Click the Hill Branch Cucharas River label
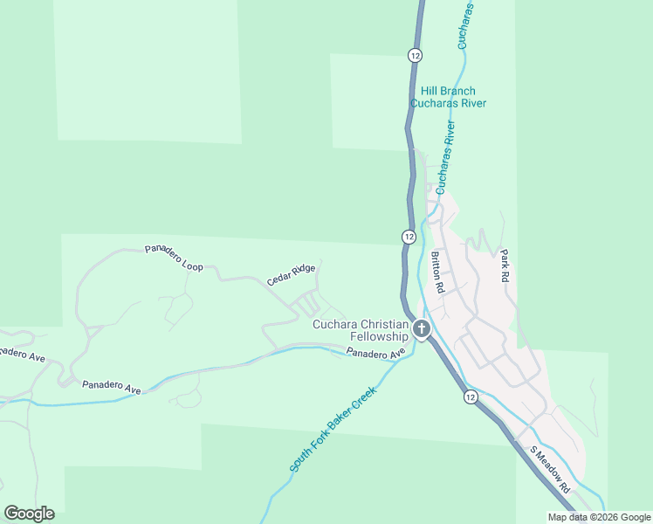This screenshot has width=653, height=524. coord(448,96)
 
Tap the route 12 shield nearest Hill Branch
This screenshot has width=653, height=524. coord(415,55)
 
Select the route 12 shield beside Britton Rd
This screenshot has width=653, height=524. coord(409,237)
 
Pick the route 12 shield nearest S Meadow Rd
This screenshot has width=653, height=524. coord(471,396)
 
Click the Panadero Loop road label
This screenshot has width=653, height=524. coord(174,259)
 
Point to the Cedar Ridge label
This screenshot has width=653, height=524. coord(291,275)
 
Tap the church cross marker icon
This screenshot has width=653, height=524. coord(422,329)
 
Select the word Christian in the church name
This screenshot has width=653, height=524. coord(381,324)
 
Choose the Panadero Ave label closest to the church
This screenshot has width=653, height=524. coord(376,354)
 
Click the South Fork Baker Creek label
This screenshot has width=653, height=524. coord(332,431)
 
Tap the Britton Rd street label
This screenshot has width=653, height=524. coord(438,272)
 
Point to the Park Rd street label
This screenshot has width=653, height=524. coord(504,265)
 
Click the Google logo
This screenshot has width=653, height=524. coord(29,514)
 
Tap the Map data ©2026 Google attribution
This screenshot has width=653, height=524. coord(599,517)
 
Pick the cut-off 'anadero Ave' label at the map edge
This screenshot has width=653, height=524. coord(22,355)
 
